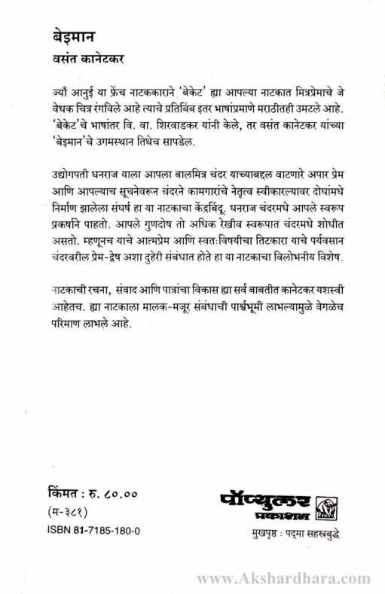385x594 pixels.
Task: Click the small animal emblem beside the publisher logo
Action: [326, 505]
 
